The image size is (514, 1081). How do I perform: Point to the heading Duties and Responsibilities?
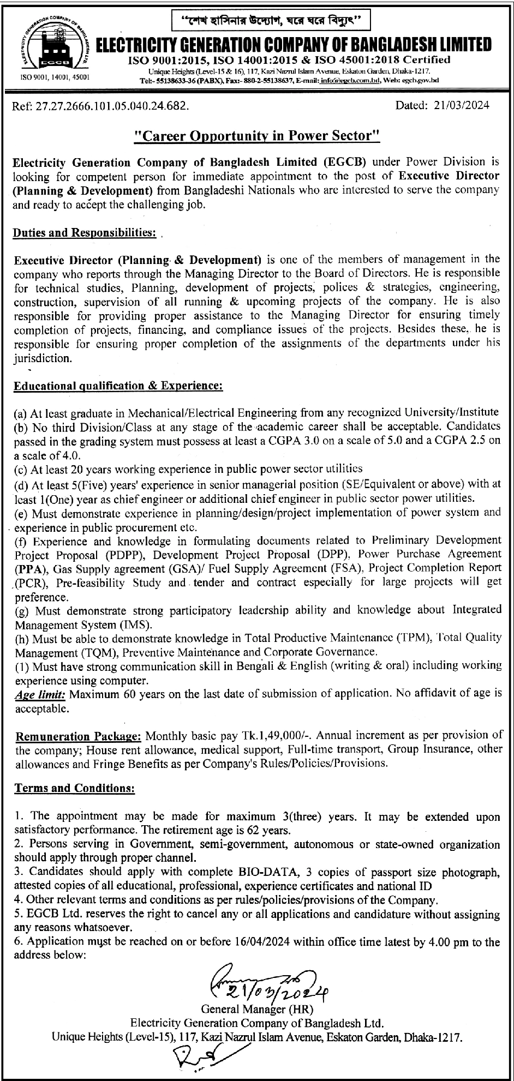point(85,233)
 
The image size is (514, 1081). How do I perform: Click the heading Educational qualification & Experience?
point(118,386)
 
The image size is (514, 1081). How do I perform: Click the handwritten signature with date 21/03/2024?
point(267,980)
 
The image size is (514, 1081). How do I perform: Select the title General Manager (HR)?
point(257,1010)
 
